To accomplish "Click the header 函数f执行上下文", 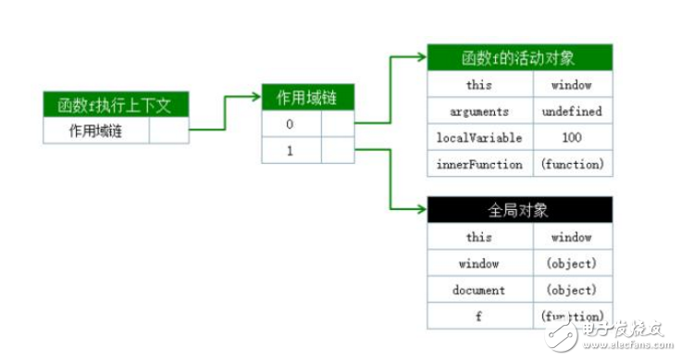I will (116, 106).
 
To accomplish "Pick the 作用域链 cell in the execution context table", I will (96, 130).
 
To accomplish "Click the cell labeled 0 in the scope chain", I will (291, 124).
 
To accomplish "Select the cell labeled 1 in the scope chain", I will (291, 150).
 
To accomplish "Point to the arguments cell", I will (480, 111).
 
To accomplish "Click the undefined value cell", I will (572, 111).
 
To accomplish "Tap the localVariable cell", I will (480, 138).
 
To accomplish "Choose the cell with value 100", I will (572, 138).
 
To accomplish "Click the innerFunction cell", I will (480, 164).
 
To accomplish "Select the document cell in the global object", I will (480, 290).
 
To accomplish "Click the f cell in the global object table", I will (480, 316).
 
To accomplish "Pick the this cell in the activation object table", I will (480, 85).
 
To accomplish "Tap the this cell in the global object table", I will (480, 237).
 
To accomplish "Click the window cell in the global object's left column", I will (480, 263).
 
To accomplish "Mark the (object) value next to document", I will (572, 290).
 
